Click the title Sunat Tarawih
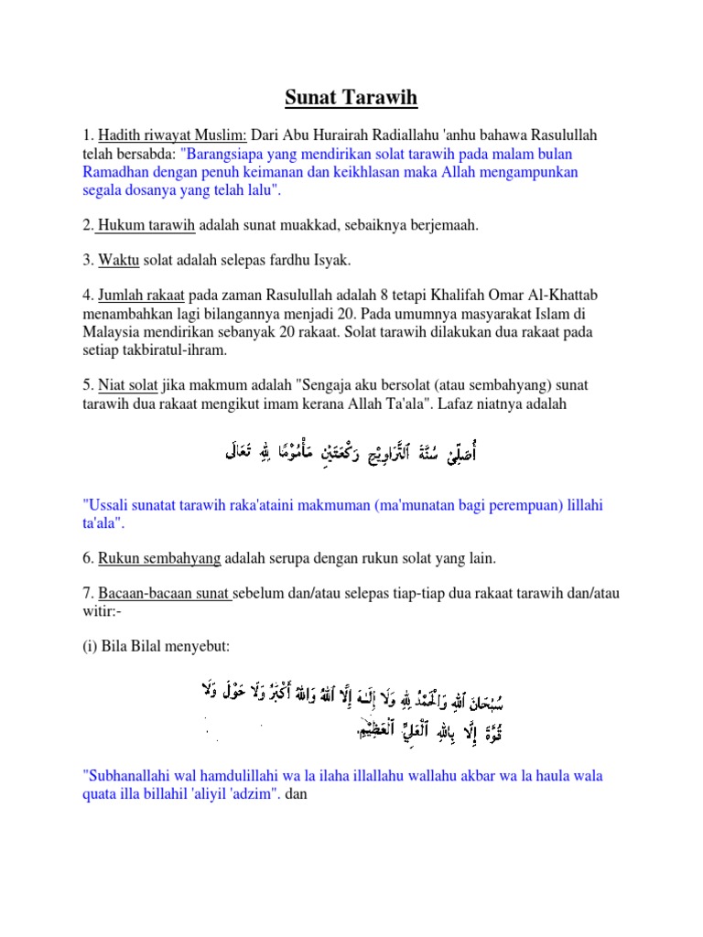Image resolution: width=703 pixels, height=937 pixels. click(351, 97)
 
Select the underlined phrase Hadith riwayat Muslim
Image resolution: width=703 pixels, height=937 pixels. click(173, 135)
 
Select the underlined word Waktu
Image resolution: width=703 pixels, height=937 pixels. click(118, 261)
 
